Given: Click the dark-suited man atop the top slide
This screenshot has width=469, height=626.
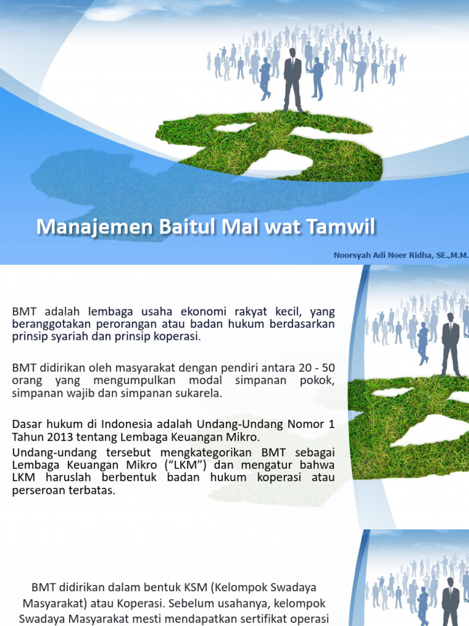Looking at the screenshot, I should click(x=293, y=79).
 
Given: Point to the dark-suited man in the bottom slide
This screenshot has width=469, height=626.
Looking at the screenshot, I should click(x=451, y=602).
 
